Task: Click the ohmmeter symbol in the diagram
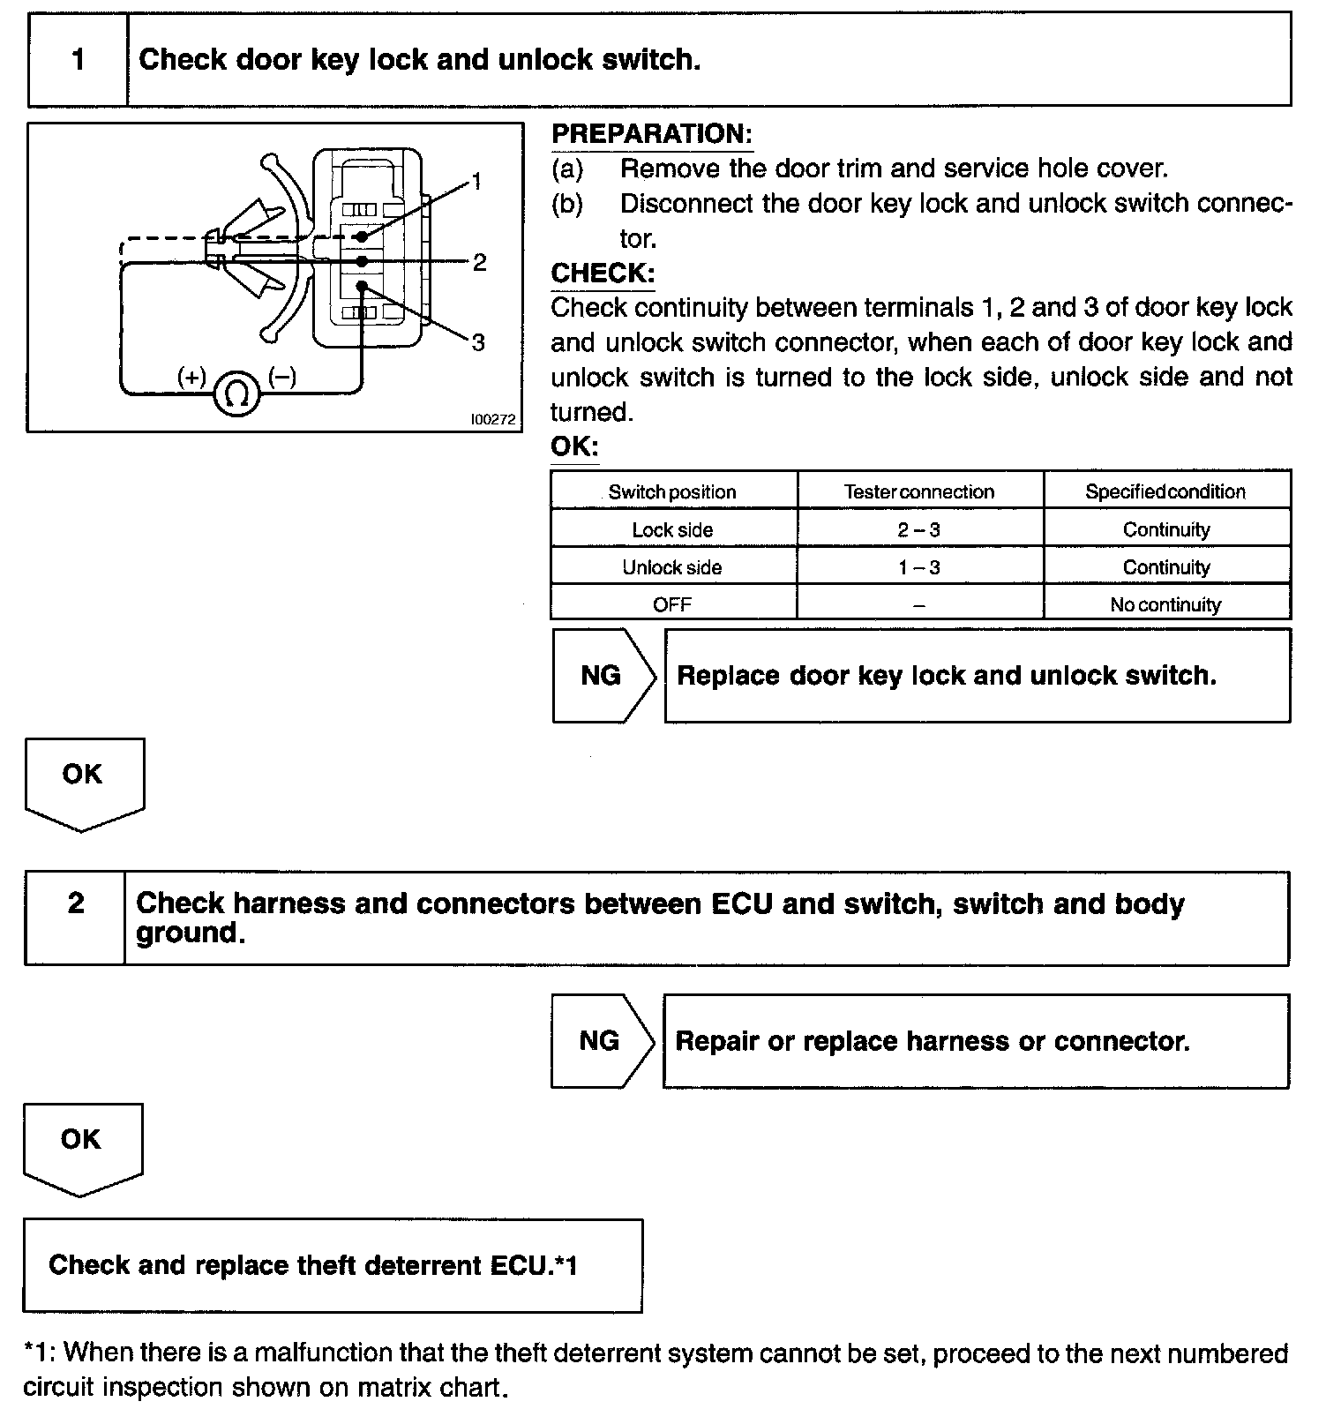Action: [x=236, y=393]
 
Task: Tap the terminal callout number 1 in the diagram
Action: [x=476, y=182]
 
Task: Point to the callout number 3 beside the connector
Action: [x=478, y=342]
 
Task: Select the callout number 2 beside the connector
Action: [x=479, y=262]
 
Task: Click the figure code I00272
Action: [x=492, y=420]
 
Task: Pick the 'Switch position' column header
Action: [x=672, y=491]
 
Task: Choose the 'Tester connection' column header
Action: [x=919, y=491]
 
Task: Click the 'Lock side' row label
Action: [x=672, y=529]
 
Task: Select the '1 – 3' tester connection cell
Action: [x=919, y=567]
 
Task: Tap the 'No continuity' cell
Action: [x=1165, y=604]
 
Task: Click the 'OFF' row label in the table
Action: [x=672, y=604]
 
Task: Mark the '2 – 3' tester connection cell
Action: [x=919, y=529]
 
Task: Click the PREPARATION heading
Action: [x=652, y=134]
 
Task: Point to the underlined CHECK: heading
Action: [x=603, y=274]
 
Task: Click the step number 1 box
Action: [x=79, y=59]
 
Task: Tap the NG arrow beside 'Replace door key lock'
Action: [x=603, y=676]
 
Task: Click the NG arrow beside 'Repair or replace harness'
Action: [x=601, y=1041]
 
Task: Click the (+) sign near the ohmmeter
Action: [x=191, y=378]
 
